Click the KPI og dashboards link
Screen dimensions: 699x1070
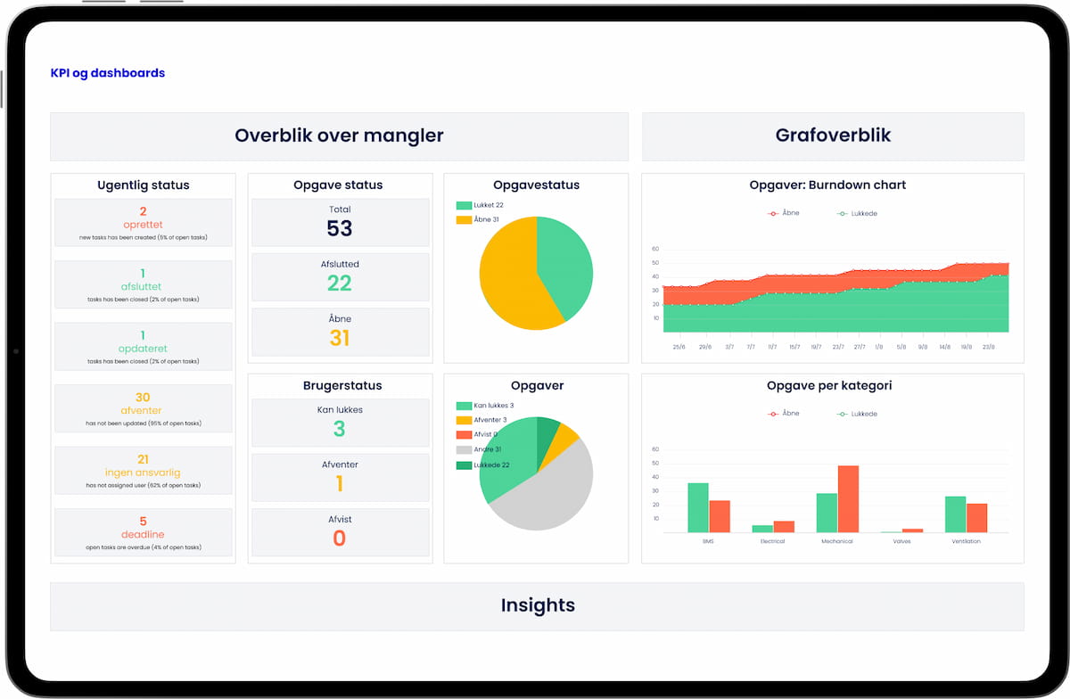click(108, 73)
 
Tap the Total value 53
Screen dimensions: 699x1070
click(340, 228)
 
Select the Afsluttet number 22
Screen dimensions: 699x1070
click(340, 284)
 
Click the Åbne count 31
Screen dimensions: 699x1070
click(340, 338)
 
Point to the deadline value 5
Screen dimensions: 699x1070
click(143, 522)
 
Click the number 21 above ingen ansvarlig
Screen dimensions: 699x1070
click(143, 459)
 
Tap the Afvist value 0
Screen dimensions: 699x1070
click(340, 539)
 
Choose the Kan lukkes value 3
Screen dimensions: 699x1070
click(340, 429)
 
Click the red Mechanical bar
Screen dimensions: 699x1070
click(848, 499)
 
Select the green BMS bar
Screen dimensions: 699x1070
click(698, 507)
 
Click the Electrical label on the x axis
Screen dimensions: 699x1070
click(772, 541)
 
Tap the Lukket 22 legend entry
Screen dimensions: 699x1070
click(481, 205)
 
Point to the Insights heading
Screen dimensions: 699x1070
click(537, 605)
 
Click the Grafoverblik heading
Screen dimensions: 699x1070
click(833, 136)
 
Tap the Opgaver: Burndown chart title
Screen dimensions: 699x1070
click(827, 185)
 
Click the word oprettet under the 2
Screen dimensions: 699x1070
click(143, 225)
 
